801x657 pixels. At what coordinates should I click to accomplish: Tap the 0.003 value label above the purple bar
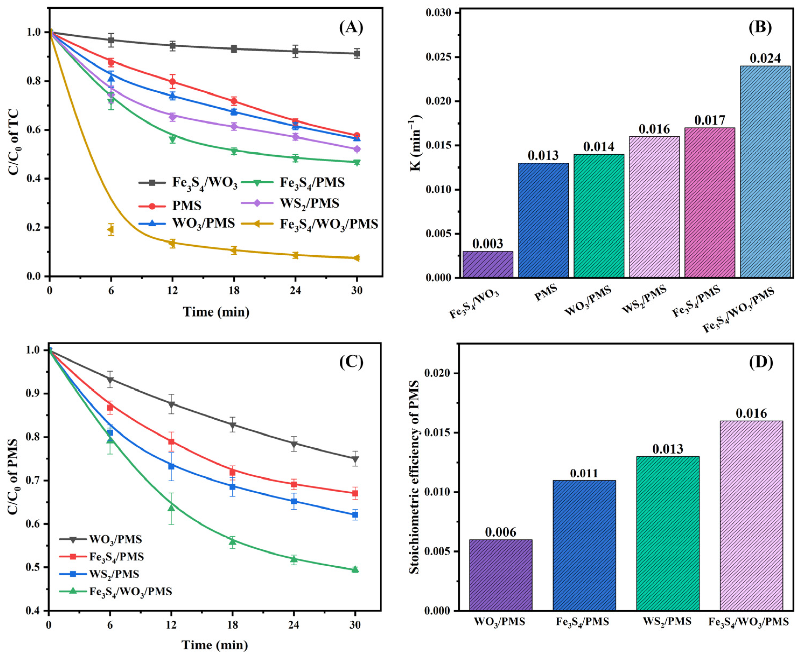(x=487, y=243)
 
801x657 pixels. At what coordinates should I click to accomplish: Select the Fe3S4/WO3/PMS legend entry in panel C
(x=116, y=592)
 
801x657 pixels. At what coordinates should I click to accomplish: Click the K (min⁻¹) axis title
(x=416, y=143)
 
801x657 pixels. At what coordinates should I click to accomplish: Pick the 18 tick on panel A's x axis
(x=233, y=291)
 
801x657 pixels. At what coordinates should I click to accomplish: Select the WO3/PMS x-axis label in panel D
(x=499, y=621)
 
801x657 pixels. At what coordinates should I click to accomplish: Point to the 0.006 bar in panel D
(x=500, y=575)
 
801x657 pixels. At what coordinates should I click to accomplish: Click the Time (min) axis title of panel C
(x=215, y=645)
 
